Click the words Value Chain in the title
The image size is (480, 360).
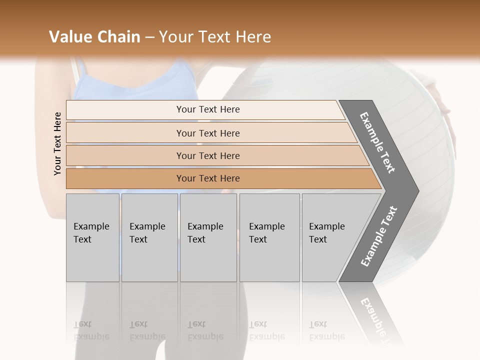94,37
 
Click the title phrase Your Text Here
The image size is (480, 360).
215,37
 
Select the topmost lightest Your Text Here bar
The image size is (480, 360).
207,109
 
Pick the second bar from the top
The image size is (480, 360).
207,133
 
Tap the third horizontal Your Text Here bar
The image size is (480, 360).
207,155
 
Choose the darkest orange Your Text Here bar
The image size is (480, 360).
207,178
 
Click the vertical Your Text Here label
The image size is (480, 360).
58,143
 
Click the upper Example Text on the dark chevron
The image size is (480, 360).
377,142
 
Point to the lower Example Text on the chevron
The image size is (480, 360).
379,236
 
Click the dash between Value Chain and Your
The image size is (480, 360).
149,37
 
